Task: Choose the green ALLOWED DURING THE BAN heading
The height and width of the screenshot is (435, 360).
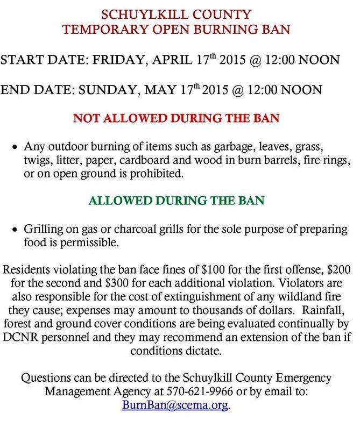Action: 177,201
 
